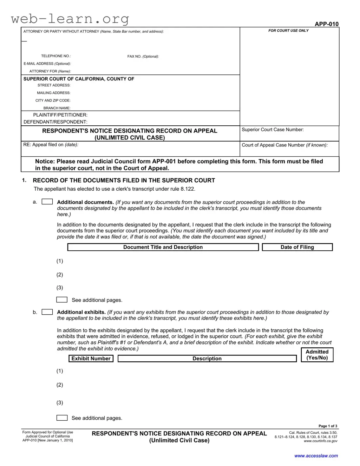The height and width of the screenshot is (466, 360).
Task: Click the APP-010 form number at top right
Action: (326, 24)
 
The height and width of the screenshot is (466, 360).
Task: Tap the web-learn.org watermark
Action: (70, 18)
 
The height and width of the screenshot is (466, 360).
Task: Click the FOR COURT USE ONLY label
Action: (288, 31)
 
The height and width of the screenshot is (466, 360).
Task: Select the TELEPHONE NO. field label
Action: (56, 56)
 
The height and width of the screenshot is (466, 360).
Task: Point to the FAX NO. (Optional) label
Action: (143, 57)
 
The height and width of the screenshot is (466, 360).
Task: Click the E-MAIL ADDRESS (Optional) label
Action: (47, 64)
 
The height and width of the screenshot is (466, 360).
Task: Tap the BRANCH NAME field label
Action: (57, 108)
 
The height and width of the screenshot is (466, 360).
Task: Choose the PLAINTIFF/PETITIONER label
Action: (60, 115)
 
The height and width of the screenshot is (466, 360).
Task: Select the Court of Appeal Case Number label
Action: (284, 145)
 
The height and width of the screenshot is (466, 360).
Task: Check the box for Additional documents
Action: (47, 202)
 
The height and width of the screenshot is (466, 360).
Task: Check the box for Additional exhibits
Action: (47, 312)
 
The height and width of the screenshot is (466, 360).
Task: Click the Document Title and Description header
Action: (163, 247)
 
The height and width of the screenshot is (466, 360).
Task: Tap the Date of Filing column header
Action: (297, 247)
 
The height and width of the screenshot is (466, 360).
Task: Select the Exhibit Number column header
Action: (91, 359)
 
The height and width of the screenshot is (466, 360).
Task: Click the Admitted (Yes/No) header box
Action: (317, 355)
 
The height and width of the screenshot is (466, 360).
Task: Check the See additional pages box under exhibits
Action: (62, 418)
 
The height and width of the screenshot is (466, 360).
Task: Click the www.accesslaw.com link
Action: (316, 456)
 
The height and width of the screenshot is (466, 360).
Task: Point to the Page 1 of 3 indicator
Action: (328, 426)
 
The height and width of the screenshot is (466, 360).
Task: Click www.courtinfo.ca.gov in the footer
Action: (320, 441)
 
